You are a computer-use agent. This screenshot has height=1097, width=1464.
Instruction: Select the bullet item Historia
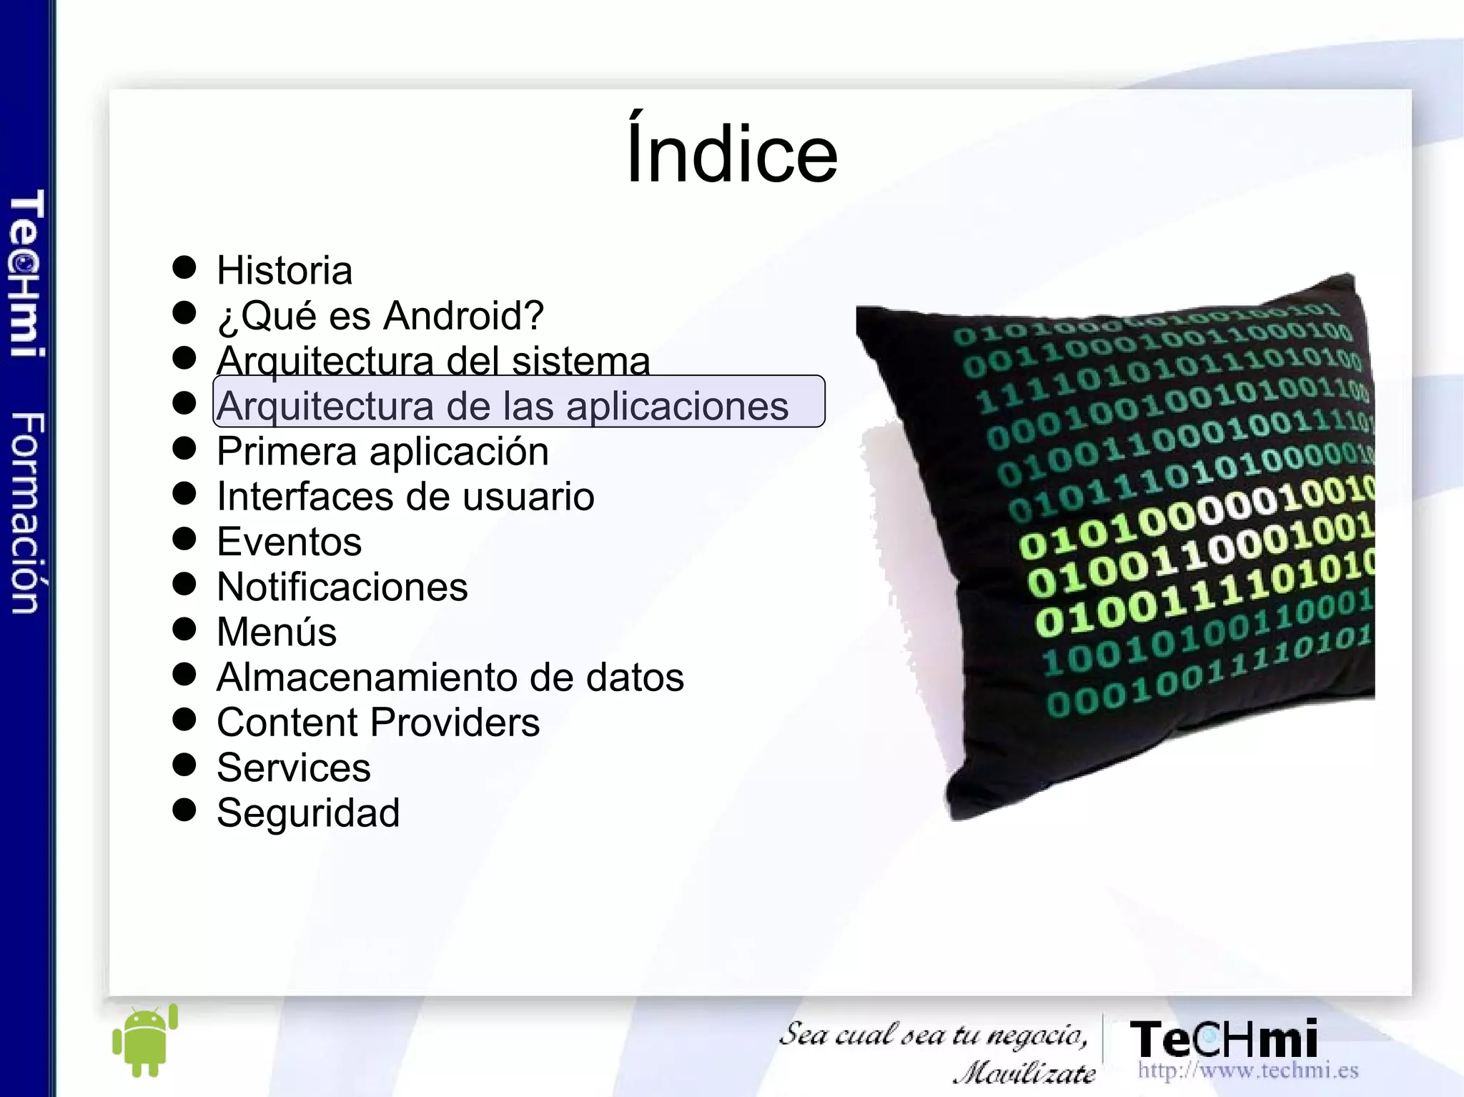tap(285, 271)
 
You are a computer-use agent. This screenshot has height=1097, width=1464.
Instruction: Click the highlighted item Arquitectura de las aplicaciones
tap(503, 406)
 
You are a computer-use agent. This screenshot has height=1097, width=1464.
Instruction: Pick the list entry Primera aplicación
tap(382, 452)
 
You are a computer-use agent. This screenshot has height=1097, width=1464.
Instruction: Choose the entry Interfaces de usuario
tap(405, 497)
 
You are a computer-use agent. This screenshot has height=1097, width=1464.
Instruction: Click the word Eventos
tap(290, 542)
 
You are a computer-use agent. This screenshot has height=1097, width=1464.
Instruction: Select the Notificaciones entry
tap(342, 587)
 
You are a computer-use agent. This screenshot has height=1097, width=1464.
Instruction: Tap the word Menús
tap(277, 632)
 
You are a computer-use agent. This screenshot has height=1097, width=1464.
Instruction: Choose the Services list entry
tap(294, 768)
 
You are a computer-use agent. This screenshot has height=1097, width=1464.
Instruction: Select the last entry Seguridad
tap(308, 813)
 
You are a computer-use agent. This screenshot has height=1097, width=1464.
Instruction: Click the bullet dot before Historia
tap(184, 267)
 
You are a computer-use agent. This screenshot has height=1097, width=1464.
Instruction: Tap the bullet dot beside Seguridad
tap(184, 810)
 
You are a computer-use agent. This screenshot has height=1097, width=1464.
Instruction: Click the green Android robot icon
tap(145, 1041)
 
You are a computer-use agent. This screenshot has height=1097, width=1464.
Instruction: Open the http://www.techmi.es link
tap(1248, 1070)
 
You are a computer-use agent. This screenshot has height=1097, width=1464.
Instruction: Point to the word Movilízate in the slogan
tap(1025, 1072)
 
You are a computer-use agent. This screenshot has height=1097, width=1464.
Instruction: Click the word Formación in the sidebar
tap(27, 512)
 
